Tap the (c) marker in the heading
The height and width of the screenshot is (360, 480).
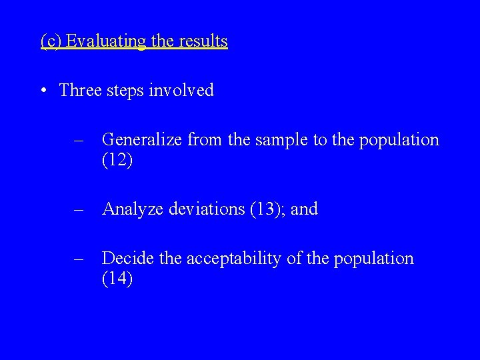coord(51,41)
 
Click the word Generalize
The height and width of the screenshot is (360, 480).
coord(142,140)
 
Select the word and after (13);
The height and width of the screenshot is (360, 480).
coord(305,209)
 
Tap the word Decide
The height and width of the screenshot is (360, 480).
coord(125,259)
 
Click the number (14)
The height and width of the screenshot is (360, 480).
coord(117,279)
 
